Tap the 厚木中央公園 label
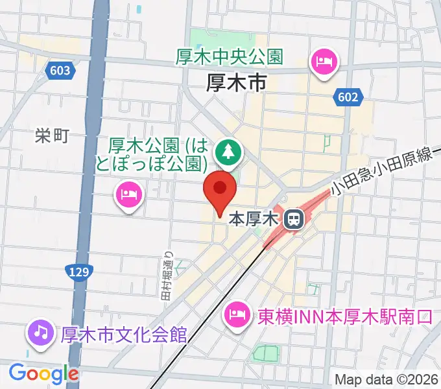click(230, 57)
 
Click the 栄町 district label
click(52, 136)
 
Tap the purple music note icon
click(40, 333)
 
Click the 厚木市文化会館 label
click(124, 335)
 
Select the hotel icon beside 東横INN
click(236, 316)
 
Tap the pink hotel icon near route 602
click(324, 63)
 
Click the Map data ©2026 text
click(387, 379)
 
